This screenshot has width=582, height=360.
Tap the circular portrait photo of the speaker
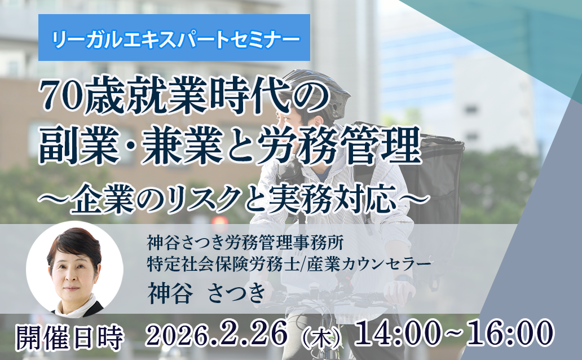(74, 269)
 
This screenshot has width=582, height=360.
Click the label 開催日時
(69, 336)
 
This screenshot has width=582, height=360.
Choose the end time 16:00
(507, 335)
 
